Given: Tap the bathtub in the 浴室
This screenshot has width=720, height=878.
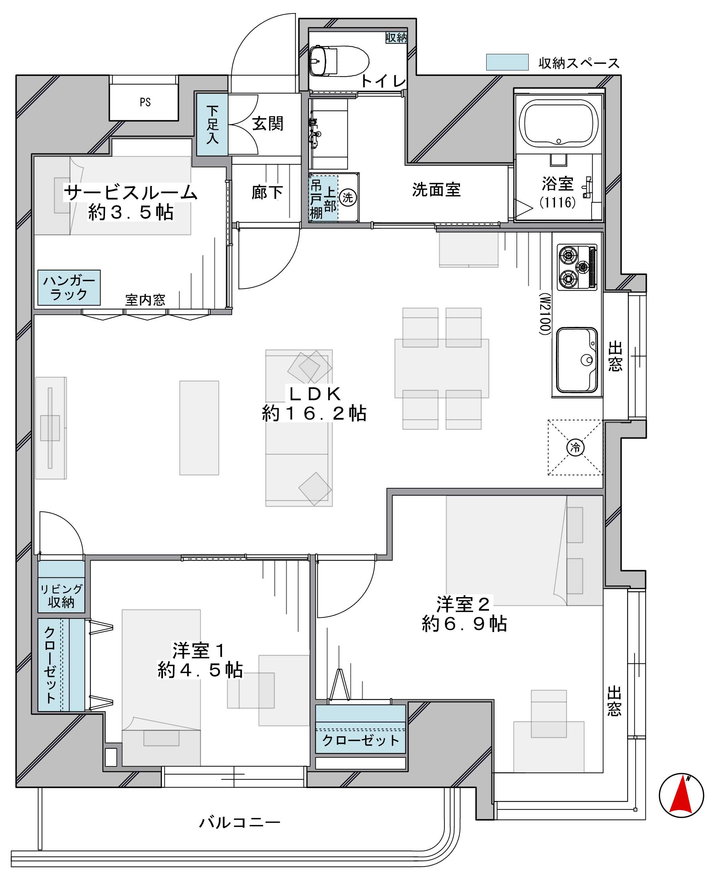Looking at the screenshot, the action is [558, 124].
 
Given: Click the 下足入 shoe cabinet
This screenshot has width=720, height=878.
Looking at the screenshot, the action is [212, 124].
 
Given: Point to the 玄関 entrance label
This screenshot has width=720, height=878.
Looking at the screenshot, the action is [268, 124].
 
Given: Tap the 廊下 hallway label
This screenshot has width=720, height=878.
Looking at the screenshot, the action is [267, 192].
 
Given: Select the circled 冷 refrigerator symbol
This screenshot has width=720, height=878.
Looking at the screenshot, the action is [575, 447].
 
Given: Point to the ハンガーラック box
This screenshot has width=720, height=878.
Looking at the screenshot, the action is [69, 287].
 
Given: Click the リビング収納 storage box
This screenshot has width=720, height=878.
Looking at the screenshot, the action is [61, 586].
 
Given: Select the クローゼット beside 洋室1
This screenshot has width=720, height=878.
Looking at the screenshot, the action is [61, 665].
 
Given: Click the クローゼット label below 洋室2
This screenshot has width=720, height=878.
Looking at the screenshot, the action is [361, 740].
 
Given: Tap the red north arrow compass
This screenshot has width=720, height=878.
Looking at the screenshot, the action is [681, 795].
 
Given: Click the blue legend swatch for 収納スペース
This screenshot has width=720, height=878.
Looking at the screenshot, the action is [507, 62].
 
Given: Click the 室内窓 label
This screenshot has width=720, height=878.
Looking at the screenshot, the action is [145, 300].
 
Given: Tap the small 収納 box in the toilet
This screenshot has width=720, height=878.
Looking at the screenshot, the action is [396, 37].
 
